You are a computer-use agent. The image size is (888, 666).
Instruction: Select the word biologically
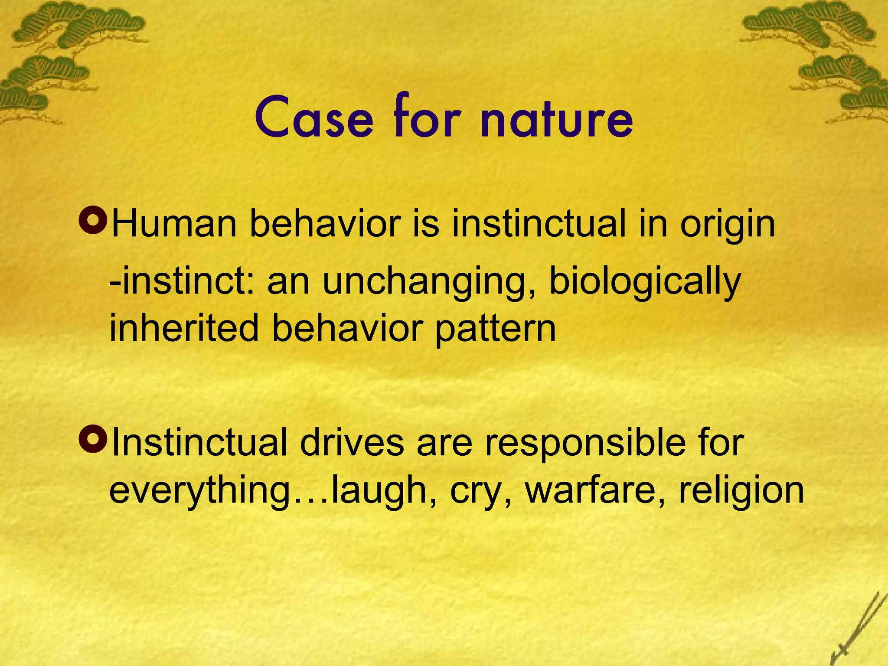[645, 282]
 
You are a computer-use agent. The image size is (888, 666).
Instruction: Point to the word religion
[741, 492]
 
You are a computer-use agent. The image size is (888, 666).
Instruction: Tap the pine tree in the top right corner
[824, 56]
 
